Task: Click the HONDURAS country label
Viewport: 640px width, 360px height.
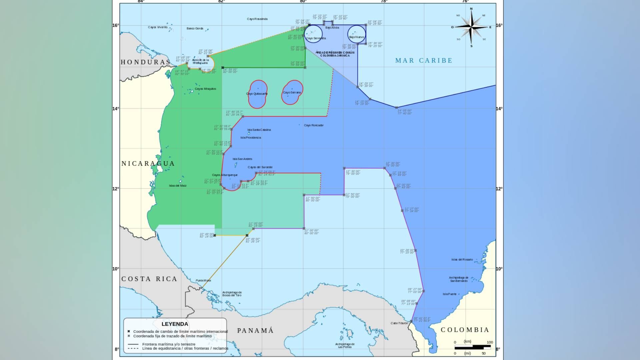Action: pyautogui.click(x=145, y=62)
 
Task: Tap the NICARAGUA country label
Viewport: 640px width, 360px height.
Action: pyautogui.click(x=148, y=163)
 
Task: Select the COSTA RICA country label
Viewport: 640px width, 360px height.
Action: pyautogui.click(x=149, y=279)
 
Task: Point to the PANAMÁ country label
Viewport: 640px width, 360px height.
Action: pyautogui.click(x=255, y=331)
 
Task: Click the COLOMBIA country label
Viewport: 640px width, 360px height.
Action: pyautogui.click(x=465, y=330)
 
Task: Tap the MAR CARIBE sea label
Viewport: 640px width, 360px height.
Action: pyautogui.click(x=424, y=60)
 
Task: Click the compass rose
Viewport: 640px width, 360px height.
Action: pyautogui.click(x=471, y=27)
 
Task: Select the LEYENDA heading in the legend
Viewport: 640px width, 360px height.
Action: pyautogui.click(x=175, y=324)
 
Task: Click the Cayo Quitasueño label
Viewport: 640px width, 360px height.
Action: pyautogui.click(x=257, y=94)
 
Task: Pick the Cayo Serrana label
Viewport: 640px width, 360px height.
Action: pyautogui.click(x=292, y=92)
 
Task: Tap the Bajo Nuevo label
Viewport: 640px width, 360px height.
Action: pyautogui.click(x=356, y=37)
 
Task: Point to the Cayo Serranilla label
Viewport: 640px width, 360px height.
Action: pyautogui.click(x=316, y=38)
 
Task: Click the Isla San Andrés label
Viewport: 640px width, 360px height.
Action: pyautogui.click(x=242, y=159)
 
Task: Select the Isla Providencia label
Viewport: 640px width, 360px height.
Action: pyautogui.click(x=251, y=137)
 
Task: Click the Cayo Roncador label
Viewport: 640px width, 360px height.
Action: pyautogui.click(x=314, y=125)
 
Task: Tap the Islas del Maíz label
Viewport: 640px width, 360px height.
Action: pyautogui.click(x=178, y=186)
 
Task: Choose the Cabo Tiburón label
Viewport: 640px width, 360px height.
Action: pyautogui.click(x=399, y=323)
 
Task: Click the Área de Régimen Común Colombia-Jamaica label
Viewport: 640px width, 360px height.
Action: pyautogui.click(x=335, y=54)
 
